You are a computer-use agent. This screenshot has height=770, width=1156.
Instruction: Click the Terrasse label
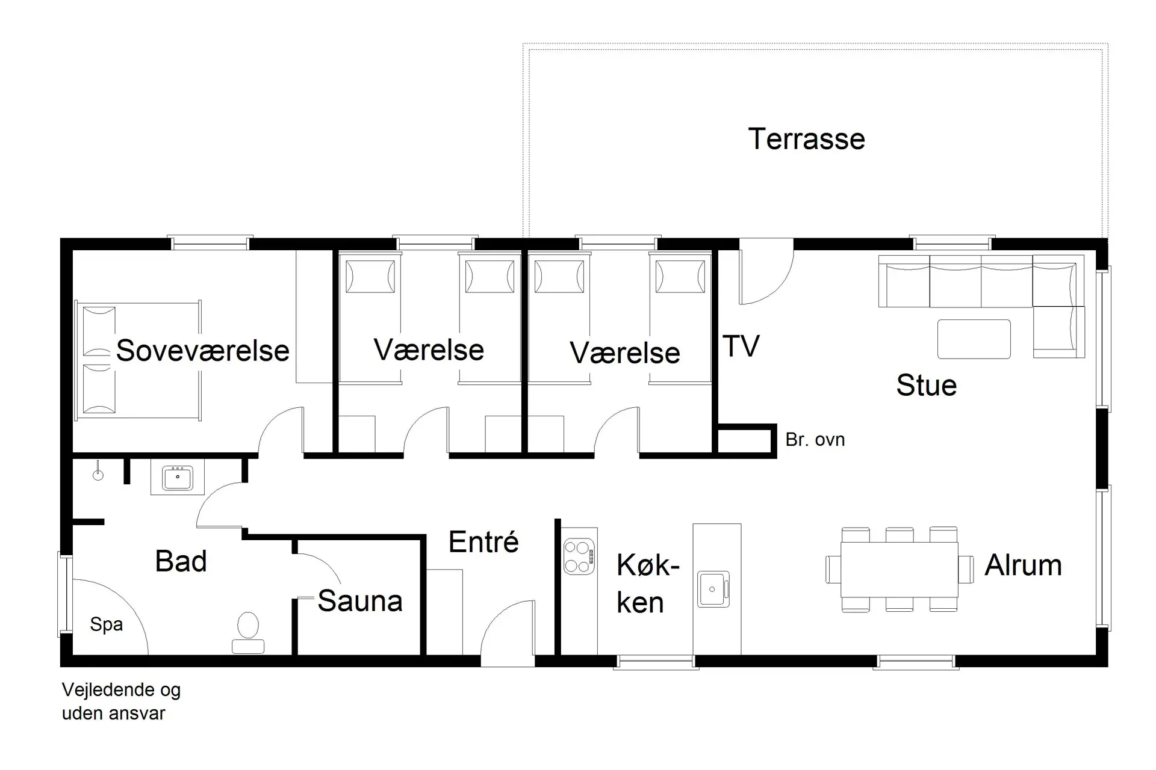tap(806, 139)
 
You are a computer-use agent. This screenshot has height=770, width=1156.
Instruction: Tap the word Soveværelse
tap(202, 351)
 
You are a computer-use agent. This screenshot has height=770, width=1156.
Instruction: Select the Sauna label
tap(360, 601)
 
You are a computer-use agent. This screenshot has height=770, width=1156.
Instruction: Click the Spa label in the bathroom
tap(107, 625)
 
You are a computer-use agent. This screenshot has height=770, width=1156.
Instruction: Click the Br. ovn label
tap(815, 440)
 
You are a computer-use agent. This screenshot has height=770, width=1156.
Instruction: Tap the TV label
tap(741, 346)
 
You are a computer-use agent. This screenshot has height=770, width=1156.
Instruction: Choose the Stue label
tap(927, 386)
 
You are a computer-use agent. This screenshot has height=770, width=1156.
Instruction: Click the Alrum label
tap(1023, 565)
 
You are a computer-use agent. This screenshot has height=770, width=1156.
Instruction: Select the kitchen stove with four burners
tap(579, 557)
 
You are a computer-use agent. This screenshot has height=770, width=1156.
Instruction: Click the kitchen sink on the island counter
tap(713, 589)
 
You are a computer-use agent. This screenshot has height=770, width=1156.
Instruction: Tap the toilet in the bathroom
tap(248, 633)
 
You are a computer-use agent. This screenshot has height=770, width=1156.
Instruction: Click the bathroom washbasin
tap(177, 478)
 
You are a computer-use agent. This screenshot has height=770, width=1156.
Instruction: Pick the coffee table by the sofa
tap(974, 339)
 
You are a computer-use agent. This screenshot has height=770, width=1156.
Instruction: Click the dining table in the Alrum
tap(900, 569)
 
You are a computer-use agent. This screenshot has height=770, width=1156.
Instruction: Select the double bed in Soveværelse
tap(137, 360)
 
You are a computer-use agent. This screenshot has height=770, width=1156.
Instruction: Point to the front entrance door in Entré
tap(508, 632)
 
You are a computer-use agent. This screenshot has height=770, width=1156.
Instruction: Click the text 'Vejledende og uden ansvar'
tap(121, 701)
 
